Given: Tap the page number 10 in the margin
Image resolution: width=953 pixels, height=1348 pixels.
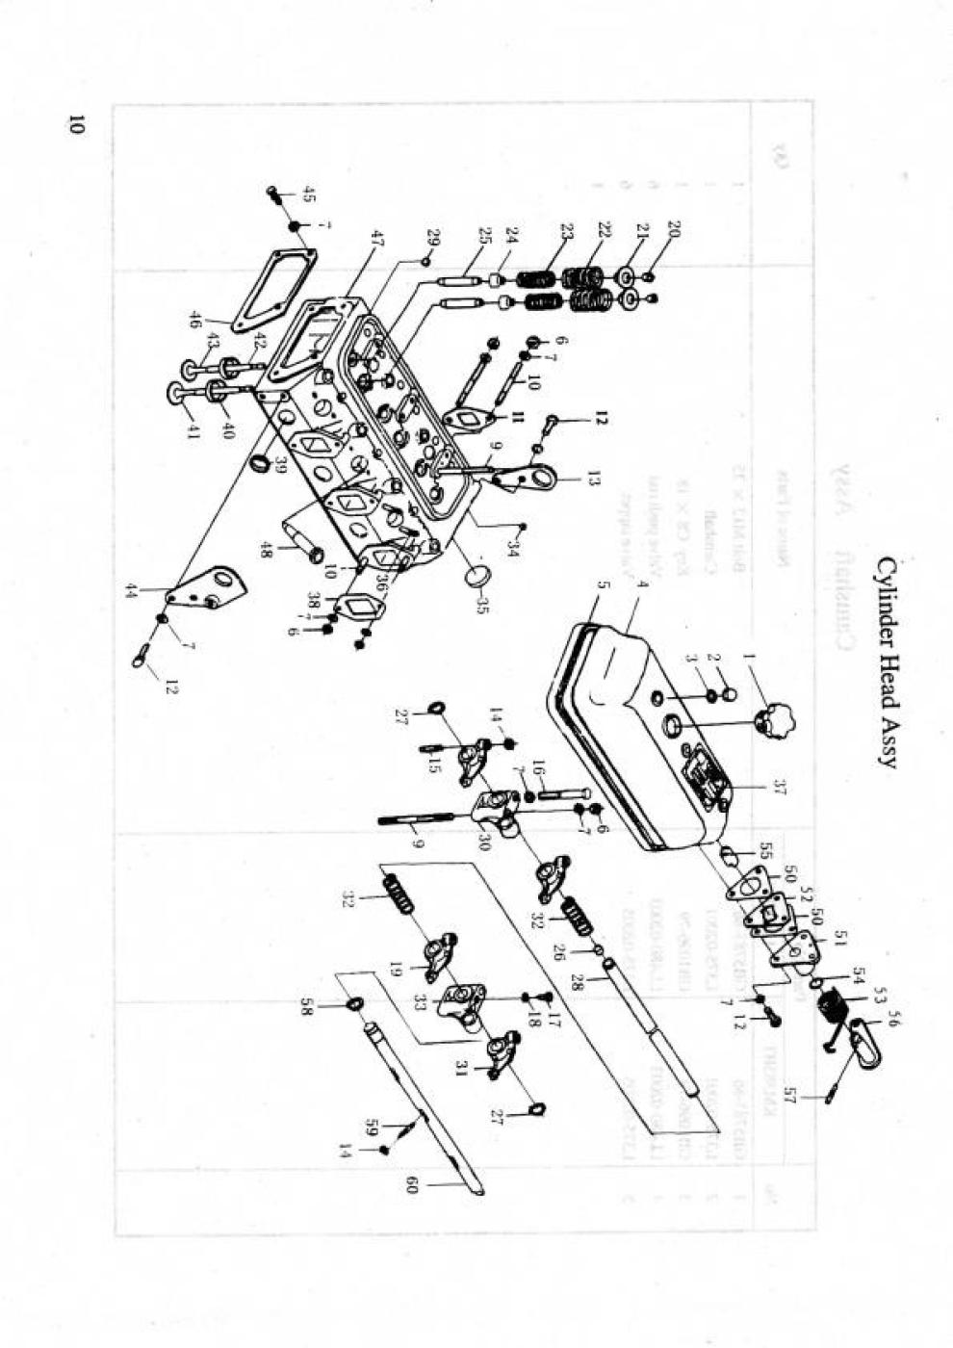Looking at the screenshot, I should (76, 124).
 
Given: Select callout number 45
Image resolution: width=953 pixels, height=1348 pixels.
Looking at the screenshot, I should (308, 194).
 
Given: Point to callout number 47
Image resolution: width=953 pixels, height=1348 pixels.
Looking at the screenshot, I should (376, 238).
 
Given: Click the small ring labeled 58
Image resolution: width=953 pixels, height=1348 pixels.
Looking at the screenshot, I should (354, 1006).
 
